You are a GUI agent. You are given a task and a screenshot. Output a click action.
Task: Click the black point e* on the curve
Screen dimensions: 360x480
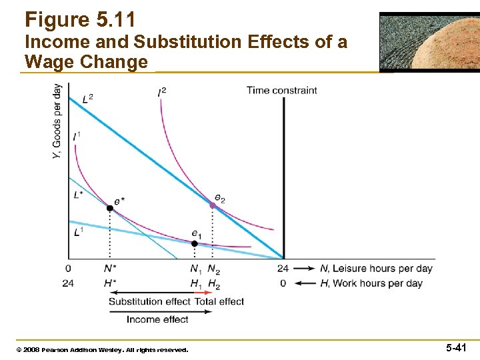coord(110,208)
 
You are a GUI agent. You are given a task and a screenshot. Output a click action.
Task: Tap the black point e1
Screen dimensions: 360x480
coord(195,243)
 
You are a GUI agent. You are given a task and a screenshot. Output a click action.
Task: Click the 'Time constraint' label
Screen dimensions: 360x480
coord(281,90)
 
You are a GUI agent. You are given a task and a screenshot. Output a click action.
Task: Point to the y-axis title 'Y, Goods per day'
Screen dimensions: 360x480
coord(57,121)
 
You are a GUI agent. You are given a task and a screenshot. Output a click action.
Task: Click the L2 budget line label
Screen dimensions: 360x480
coord(87,99)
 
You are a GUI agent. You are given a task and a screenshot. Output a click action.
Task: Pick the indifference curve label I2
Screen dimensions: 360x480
coord(162,91)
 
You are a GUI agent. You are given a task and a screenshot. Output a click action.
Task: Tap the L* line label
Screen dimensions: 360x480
coord(79,195)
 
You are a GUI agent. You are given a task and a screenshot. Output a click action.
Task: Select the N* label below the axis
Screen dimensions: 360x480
coord(110,269)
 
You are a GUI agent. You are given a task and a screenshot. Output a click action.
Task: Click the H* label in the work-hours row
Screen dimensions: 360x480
coord(110,283)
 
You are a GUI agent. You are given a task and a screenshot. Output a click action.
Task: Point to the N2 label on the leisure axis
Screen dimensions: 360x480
coord(213,269)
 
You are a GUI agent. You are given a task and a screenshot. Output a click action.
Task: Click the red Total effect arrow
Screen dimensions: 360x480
coord(203,292)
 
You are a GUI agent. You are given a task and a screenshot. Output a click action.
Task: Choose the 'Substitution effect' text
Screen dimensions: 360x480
coord(149,301)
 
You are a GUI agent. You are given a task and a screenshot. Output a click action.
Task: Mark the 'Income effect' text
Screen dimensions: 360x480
coord(157,319)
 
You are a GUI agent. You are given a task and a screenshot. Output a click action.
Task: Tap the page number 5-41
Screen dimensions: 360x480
coord(456,348)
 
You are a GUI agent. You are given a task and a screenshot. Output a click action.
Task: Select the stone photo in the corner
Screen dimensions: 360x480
coord(429,41)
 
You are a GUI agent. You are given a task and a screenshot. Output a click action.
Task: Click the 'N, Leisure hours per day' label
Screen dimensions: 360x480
coord(376,269)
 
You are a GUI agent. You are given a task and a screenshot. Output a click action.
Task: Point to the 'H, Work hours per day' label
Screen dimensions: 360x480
coord(371,283)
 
